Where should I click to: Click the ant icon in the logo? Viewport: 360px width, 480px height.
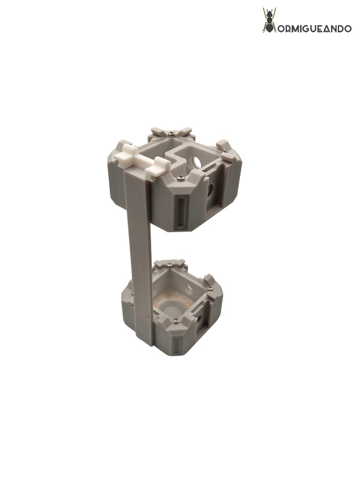point(269,20)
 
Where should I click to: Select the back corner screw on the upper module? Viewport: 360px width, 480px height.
point(172,133)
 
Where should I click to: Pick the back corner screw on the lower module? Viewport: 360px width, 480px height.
point(170,265)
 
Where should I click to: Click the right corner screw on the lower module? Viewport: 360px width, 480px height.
point(210,289)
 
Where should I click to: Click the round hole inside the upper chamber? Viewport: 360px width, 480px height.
point(196,162)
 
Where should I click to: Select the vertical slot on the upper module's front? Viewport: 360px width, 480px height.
point(179,212)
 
